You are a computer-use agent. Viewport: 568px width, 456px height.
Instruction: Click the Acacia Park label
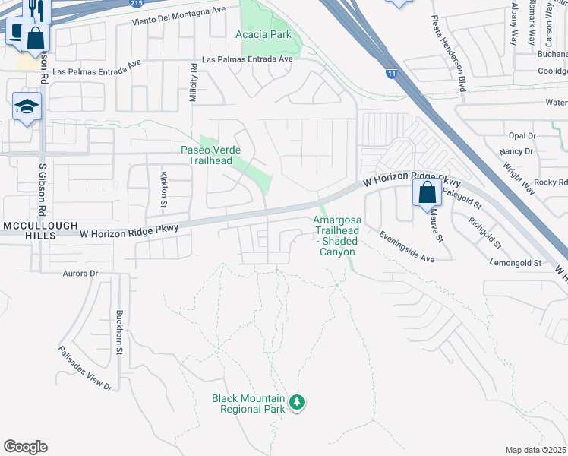263,35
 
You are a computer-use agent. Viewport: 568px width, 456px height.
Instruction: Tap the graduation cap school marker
27,107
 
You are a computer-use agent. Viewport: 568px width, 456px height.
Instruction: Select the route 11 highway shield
391,74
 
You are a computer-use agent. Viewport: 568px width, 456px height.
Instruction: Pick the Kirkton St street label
163,189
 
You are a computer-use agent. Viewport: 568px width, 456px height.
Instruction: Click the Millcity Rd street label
194,78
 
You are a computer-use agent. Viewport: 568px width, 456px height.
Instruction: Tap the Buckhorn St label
118,332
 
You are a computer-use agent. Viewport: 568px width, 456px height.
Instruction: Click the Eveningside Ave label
406,247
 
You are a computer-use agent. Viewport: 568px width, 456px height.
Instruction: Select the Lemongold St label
516,263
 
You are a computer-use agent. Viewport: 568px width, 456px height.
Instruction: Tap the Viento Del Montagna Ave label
178,24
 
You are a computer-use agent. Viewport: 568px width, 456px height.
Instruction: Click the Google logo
25,447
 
